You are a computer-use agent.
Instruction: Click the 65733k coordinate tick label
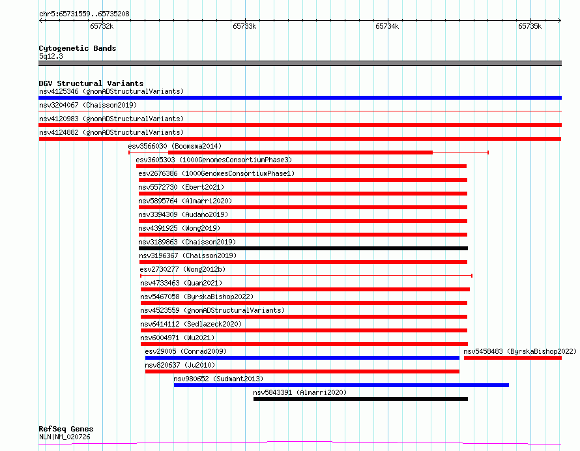[x=244, y=26]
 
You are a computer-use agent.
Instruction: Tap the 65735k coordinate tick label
[x=530, y=26]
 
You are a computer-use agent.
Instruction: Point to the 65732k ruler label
[x=102, y=26]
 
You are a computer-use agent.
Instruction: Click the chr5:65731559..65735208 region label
[x=84, y=14]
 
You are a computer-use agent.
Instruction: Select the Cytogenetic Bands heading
[x=78, y=48]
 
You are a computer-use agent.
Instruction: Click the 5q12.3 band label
[x=51, y=56]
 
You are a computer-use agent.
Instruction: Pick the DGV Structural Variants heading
[x=91, y=83]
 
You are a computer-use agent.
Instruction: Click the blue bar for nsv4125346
[x=300, y=98]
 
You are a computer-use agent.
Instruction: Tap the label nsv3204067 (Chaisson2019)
[x=88, y=105]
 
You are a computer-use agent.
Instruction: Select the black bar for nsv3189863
[x=303, y=248]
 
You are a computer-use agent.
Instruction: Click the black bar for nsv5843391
[x=360, y=399]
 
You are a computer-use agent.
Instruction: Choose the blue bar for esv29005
[x=302, y=358]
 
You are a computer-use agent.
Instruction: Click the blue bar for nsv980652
[x=341, y=385]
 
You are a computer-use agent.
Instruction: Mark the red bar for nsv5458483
[x=512, y=358]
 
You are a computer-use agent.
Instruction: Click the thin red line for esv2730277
[x=306, y=276]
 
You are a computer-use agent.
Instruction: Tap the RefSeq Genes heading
[x=66, y=429]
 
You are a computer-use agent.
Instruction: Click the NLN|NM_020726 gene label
[x=65, y=437]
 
